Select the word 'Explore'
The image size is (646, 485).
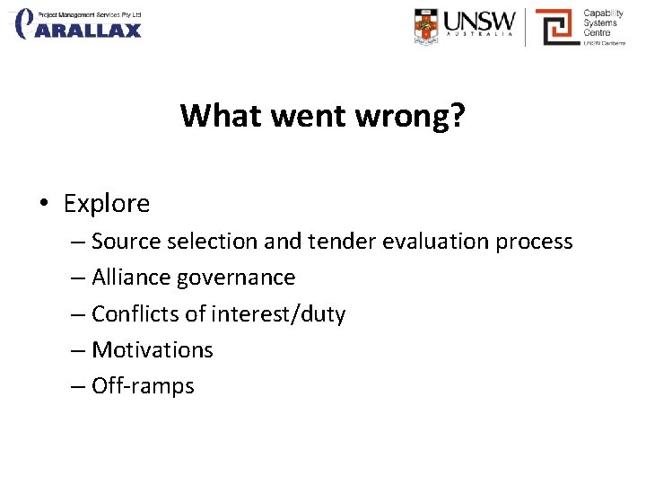coord(107,204)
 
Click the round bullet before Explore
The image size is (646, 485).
coord(43,204)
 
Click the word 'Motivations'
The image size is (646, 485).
coord(153,350)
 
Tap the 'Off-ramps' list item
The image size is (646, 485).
coord(143,387)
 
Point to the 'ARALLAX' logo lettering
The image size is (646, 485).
coord(90,31)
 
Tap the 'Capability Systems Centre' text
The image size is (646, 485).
coord(602,23)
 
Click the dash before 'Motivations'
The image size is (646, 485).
coord(77,350)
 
